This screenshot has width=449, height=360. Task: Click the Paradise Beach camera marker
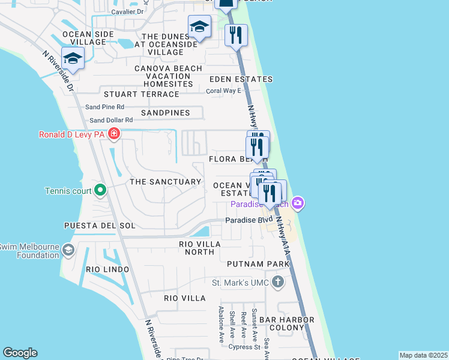299,205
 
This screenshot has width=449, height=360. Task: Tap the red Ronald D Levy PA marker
113,134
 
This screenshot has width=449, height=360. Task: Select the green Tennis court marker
101,191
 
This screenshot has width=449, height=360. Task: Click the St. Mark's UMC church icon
277,281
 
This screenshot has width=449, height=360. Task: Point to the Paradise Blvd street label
249,220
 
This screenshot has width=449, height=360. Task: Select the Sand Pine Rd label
104,107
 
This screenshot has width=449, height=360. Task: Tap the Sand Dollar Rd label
111,121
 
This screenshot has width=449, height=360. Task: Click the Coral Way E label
223,91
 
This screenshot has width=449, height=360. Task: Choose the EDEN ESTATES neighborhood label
241,79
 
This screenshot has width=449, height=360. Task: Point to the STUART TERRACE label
142,94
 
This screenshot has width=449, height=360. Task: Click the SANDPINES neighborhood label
166,113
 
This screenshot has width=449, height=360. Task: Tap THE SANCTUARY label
166,181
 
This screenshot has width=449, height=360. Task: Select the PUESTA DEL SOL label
100,226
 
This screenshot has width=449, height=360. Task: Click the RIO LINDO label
107,269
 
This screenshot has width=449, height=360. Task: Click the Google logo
20,353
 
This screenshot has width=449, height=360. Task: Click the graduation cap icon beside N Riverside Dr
73,58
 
